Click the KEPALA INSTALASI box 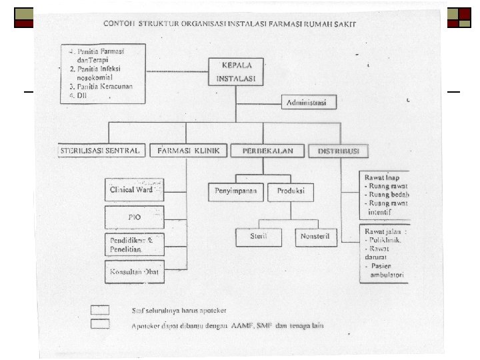(x=236, y=72)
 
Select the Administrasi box (x=308, y=103)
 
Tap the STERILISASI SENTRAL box (x=101, y=151)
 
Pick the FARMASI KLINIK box (x=189, y=151)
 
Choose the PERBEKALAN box (x=267, y=151)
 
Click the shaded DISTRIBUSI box (x=338, y=151)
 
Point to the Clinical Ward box (x=134, y=189)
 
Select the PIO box (x=134, y=217)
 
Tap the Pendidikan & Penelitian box (x=134, y=245)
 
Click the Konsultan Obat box (x=134, y=272)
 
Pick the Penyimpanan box (x=236, y=191)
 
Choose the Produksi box (x=291, y=191)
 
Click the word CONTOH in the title (x=117, y=24)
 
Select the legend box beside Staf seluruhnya (x=100, y=309)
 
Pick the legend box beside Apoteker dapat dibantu (x=100, y=324)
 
